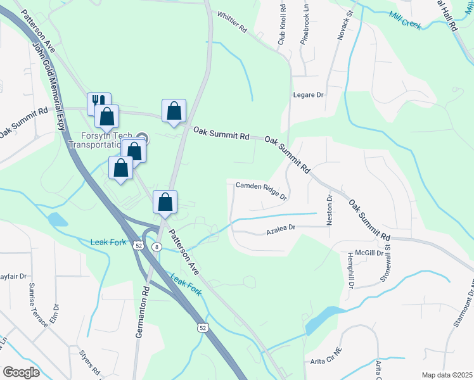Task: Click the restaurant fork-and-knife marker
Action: click(98, 103)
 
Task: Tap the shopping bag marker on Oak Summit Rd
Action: click(174, 110)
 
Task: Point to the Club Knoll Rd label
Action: click(282, 25)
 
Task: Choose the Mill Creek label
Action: click(406, 23)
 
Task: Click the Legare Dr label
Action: click(309, 95)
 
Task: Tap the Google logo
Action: click(21, 372)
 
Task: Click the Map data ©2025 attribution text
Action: click(447, 375)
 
